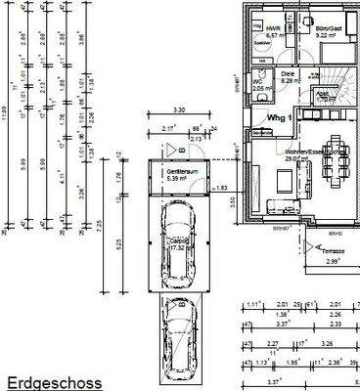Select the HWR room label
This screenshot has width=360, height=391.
pos(274,28)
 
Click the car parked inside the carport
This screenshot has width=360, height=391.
pos(178,244)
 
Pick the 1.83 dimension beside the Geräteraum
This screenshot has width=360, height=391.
pos(222,186)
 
